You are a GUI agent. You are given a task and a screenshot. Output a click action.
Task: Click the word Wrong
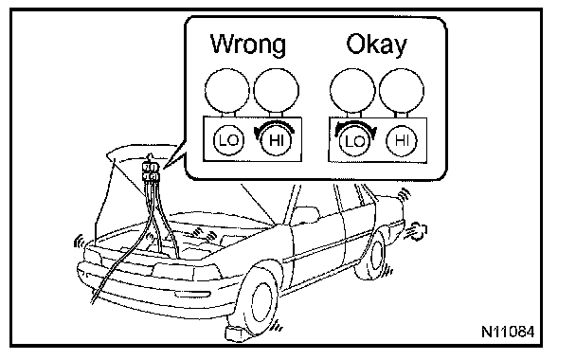coord(248,45)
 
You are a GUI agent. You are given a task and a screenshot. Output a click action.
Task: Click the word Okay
coord(376,45)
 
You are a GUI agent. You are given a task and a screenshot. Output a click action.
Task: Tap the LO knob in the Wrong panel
coord(228,140)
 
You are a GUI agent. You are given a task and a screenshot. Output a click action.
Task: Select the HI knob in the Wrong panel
coord(276,140)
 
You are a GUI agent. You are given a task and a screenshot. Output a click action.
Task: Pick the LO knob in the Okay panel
coord(354,141)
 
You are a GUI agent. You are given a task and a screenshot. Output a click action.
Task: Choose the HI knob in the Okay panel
coord(402,141)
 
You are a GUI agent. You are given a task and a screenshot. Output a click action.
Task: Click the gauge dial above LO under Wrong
coord(227,90)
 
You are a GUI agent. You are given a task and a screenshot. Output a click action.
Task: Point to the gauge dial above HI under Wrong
coord(277,90)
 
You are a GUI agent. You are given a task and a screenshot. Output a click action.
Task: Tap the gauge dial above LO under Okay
coord(352,91)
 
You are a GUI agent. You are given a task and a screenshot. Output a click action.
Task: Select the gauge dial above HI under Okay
coord(402,91)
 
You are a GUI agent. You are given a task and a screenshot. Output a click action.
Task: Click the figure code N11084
coord(508,332)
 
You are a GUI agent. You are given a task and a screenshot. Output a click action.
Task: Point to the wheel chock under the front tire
coord(238,333)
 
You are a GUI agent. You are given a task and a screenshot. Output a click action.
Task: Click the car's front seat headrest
coord(306,215)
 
